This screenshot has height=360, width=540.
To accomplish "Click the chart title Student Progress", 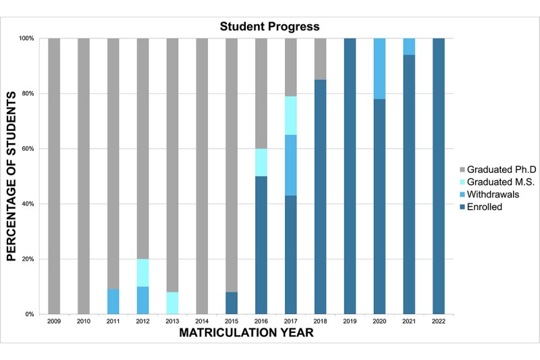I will point(269,26).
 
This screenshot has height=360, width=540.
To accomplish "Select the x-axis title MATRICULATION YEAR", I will point(247,333).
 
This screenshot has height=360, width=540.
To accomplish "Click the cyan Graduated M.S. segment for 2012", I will point(143,273).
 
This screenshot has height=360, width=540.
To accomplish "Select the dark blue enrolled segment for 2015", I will point(232,303).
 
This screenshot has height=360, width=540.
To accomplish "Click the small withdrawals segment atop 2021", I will point(410,47).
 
